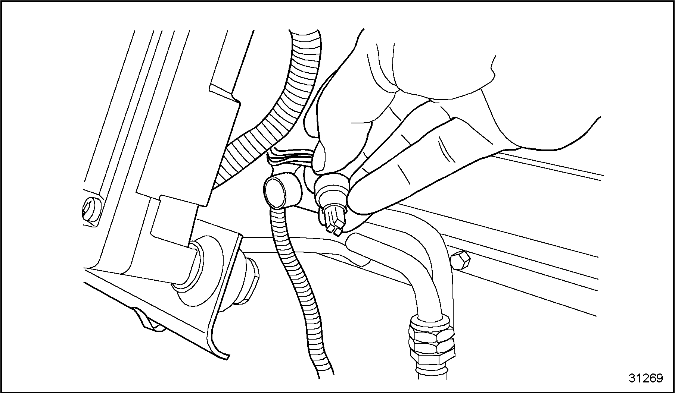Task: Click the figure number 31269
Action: tap(646, 378)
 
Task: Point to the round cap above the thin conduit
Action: tap(276, 192)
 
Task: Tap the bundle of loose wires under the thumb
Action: tap(291, 157)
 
